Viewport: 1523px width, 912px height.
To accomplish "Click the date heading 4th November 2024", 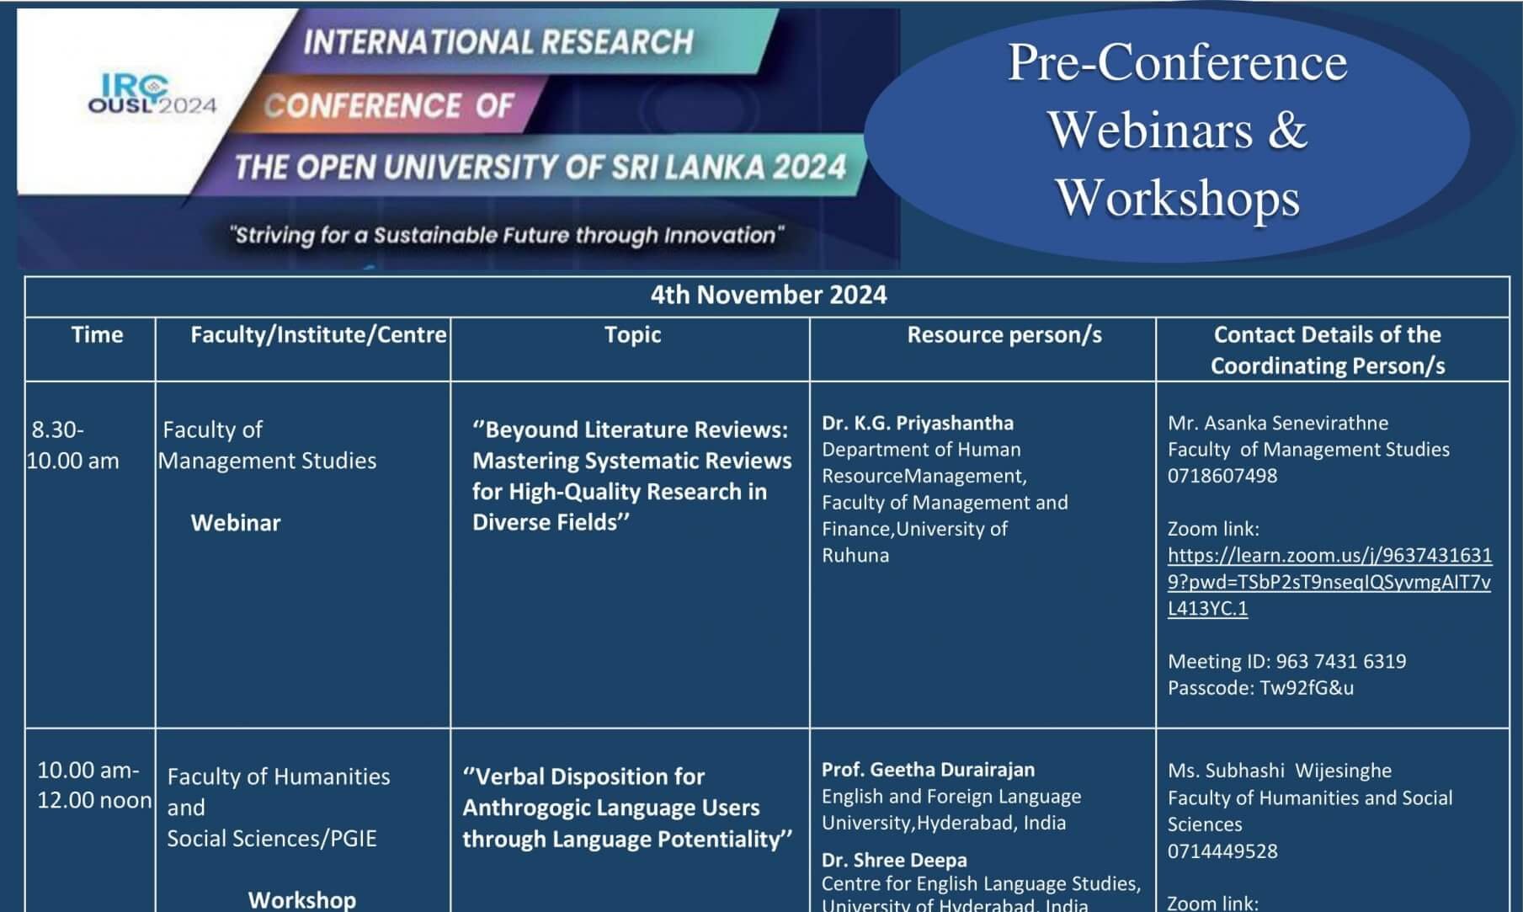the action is tap(768, 295).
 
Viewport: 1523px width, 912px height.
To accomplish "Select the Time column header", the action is tap(97, 335).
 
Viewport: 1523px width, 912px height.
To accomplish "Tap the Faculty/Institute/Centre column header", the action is tap(318, 335).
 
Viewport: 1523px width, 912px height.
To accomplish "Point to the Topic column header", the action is tap(632, 335).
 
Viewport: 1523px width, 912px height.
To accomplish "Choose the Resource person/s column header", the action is tap(1004, 335).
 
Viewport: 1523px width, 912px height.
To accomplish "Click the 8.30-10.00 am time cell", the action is tap(72, 445).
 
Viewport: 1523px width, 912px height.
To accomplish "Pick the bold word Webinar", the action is tap(236, 523).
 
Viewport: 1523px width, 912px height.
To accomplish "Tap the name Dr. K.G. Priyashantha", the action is tap(918, 423).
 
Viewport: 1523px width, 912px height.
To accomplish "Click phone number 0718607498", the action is tap(1222, 476).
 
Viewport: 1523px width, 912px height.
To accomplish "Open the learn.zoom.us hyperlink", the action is tap(1329, 582).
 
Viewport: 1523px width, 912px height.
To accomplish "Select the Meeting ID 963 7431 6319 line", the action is tap(1286, 661).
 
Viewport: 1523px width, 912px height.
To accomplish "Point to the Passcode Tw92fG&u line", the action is tap(1260, 688).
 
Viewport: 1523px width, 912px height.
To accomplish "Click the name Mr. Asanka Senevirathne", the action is tap(1277, 423).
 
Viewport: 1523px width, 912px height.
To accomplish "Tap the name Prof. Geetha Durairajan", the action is tap(928, 770).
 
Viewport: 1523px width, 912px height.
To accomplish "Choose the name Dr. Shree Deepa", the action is tap(894, 861).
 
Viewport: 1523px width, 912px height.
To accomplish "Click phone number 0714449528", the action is tap(1222, 851).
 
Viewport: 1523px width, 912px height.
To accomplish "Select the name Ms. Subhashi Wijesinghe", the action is tap(1279, 771).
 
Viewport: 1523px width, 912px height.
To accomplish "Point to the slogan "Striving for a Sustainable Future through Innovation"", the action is tap(507, 235).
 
